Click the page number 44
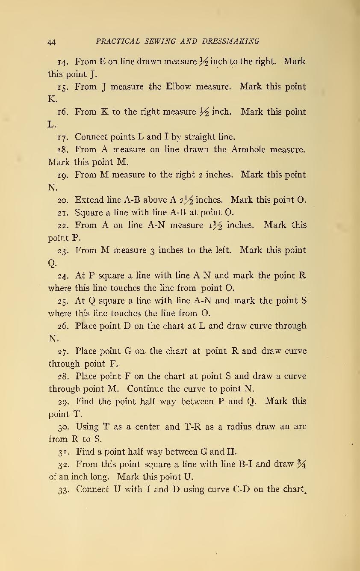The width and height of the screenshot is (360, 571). pyautogui.click(x=52, y=42)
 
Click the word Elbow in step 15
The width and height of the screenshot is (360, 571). pyautogui.click(x=178, y=87)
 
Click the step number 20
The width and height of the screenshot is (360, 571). pyautogui.click(x=62, y=200)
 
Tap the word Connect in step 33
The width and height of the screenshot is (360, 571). pyautogui.click(x=92, y=489)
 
